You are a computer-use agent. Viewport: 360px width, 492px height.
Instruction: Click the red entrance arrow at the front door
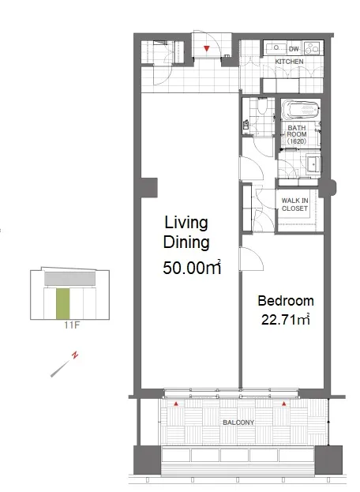pyautogui.click(x=206, y=48)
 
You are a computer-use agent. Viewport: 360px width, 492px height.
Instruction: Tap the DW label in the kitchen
pyautogui.click(x=294, y=49)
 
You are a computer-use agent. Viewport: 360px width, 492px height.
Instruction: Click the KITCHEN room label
pyautogui.click(x=289, y=62)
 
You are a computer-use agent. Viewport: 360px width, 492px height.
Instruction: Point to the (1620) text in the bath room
pyautogui.click(x=296, y=141)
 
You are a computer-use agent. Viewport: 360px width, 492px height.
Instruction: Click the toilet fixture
pyautogui.click(x=261, y=106)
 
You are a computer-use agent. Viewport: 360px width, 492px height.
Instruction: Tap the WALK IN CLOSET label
pyautogui.click(x=294, y=205)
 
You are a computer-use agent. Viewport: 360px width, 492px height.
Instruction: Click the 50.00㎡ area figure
pyautogui.click(x=192, y=268)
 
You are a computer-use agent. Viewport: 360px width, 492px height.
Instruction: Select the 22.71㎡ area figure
pyautogui.click(x=285, y=319)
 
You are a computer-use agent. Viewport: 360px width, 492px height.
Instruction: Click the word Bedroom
pyautogui.click(x=286, y=301)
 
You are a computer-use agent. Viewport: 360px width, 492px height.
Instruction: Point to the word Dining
pyautogui.click(x=186, y=243)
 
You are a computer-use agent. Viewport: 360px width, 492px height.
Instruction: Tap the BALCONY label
pyautogui.click(x=238, y=423)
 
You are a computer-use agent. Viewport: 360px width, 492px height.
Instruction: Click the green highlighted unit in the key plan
pyautogui.click(x=62, y=303)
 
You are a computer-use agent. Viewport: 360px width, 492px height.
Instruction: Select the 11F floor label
pyautogui.click(x=72, y=325)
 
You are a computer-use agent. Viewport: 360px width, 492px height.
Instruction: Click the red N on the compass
pyautogui.click(x=75, y=355)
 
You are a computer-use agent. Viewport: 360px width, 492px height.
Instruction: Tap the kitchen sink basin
pyautogui.click(x=276, y=48)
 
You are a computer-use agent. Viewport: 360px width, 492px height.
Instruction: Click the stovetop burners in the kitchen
pyautogui.click(x=311, y=47)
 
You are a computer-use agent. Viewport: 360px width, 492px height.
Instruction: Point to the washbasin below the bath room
pyautogui.click(x=313, y=164)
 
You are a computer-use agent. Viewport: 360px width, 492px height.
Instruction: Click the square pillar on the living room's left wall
pyautogui.click(x=149, y=188)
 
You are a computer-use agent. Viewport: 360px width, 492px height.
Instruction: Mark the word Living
pyautogui.click(x=186, y=223)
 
